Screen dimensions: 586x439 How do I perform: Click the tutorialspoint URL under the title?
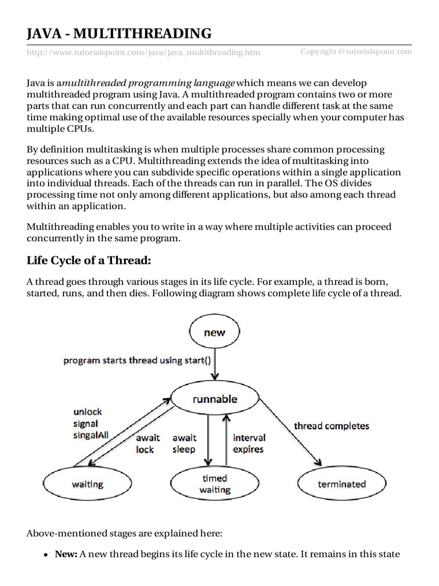click(143, 53)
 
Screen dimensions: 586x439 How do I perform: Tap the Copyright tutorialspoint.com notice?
click(356, 52)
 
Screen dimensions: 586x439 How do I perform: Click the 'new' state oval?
click(214, 332)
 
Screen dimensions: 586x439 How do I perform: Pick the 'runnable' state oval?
click(214, 399)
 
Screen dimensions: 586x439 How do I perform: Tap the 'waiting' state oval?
click(87, 484)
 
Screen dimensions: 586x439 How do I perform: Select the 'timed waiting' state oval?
click(214, 484)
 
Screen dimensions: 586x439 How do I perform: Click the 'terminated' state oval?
click(341, 484)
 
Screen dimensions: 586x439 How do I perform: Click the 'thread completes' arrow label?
click(332, 426)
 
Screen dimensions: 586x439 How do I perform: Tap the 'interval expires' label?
click(249, 444)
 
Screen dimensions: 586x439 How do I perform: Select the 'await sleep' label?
click(183, 444)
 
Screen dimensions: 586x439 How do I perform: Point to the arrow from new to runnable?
click(214, 366)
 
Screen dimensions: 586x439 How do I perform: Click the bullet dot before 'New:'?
click(45, 555)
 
